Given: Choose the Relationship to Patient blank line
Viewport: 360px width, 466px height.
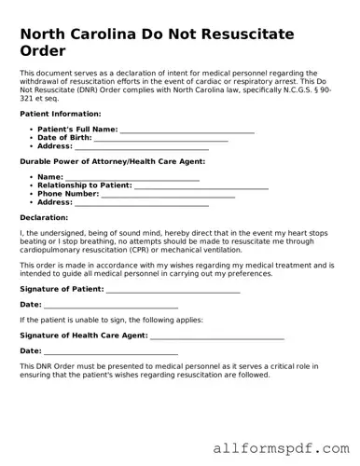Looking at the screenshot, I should pos(201,185).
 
